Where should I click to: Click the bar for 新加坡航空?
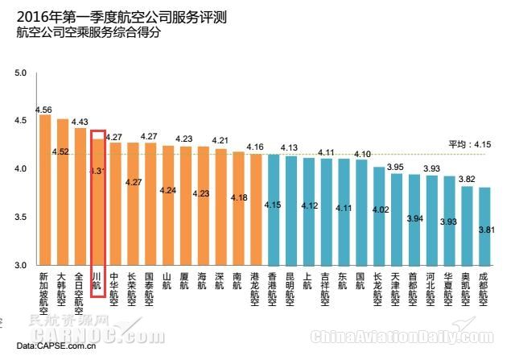pyautogui.click(x=44, y=190)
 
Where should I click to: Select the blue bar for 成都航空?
pyautogui.click(x=484, y=226)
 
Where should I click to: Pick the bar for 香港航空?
pyautogui.click(x=273, y=209)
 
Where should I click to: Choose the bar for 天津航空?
pyautogui.click(x=396, y=219)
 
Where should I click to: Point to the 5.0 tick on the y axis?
pyautogui.click(x=22, y=73)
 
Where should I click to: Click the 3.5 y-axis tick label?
pyautogui.click(x=22, y=217)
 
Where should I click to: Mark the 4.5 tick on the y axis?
pyautogui.click(x=22, y=121)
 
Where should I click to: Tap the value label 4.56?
pyautogui.click(x=44, y=109)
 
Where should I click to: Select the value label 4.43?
pyautogui.click(x=80, y=122)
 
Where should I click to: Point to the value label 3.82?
pyautogui.click(x=467, y=180)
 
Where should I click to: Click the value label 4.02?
pyautogui.click(x=378, y=209)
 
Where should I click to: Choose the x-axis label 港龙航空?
pyautogui.click(x=255, y=289)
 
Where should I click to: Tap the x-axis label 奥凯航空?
pyautogui.click(x=467, y=289)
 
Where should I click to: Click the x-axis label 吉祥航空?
pyautogui.click(x=326, y=289)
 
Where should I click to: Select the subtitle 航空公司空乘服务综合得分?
pyautogui.click(x=89, y=32)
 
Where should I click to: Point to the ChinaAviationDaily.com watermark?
pyautogui.click(x=392, y=336)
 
